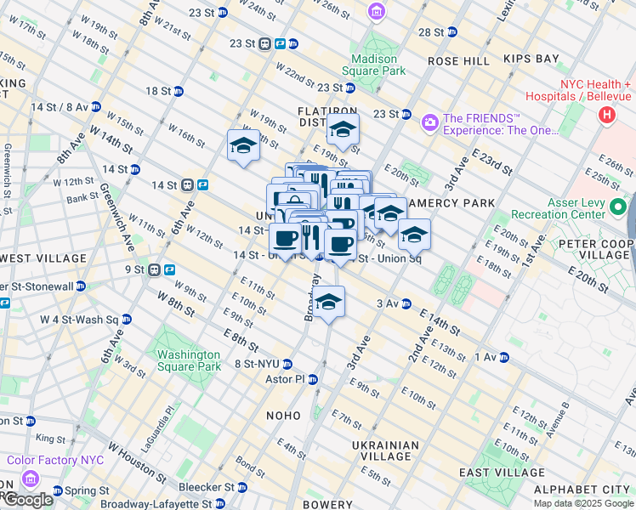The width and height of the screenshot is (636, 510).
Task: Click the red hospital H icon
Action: point(607,115)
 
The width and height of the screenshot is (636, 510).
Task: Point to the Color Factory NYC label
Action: point(55,460)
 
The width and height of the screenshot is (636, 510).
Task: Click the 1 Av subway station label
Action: point(488,357)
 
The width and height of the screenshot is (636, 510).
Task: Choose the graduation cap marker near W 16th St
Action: point(243,145)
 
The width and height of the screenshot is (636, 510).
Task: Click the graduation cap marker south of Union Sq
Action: point(328,302)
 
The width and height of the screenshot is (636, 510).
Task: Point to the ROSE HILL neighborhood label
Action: point(458,61)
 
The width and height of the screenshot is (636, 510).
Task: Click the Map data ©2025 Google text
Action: point(583,503)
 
